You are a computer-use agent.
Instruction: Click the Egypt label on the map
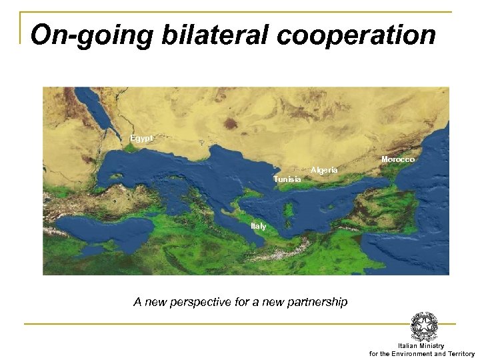[x=141, y=138]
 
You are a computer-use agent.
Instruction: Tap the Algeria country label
[x=325, y=171]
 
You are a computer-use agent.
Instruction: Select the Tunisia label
[x=287, y=180]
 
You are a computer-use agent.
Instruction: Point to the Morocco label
[x=397, y=160]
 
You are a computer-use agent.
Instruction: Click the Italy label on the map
[x=258, y=227]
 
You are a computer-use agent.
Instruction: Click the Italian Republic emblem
[x=424, y=327]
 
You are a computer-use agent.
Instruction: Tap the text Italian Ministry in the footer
[x=421, y=346]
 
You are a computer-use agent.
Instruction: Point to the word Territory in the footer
[x=459, y=353]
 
